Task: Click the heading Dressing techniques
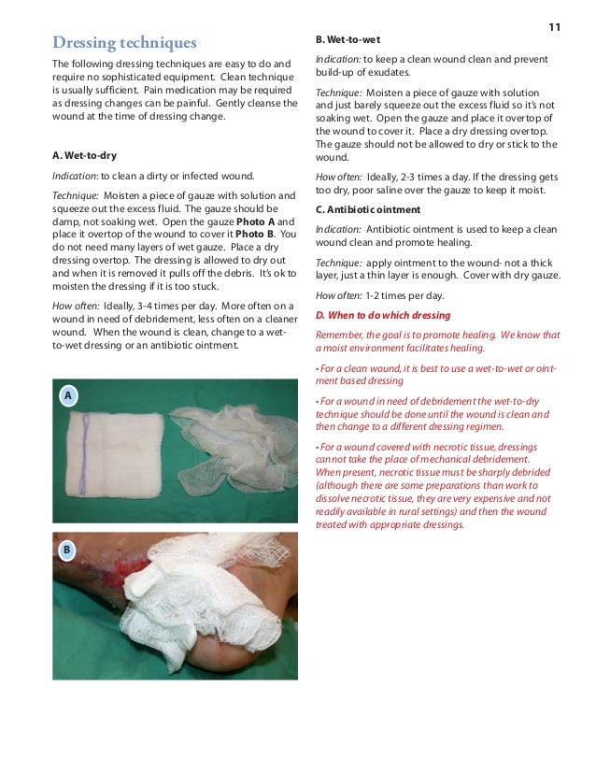(124, 42)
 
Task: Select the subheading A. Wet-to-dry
(84, 154)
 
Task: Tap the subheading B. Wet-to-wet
(347, 40)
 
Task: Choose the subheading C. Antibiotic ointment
(367, 208)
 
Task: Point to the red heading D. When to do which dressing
(382, 316)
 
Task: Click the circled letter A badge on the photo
(67, 397)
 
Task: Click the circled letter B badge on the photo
(67, 550)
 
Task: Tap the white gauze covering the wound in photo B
(187, 598)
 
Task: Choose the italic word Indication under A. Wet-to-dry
(75, 175)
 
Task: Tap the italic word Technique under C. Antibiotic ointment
(338, 263)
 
